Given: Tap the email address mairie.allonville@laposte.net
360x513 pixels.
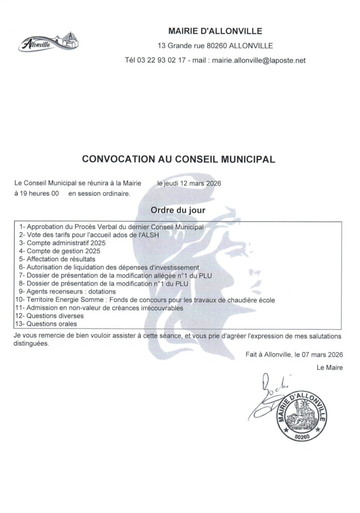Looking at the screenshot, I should (259, 60).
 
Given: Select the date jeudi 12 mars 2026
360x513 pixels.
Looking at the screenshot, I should (192, 183).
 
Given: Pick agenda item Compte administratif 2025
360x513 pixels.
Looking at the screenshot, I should (62, 242).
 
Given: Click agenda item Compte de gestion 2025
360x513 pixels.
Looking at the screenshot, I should (60, 250).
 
